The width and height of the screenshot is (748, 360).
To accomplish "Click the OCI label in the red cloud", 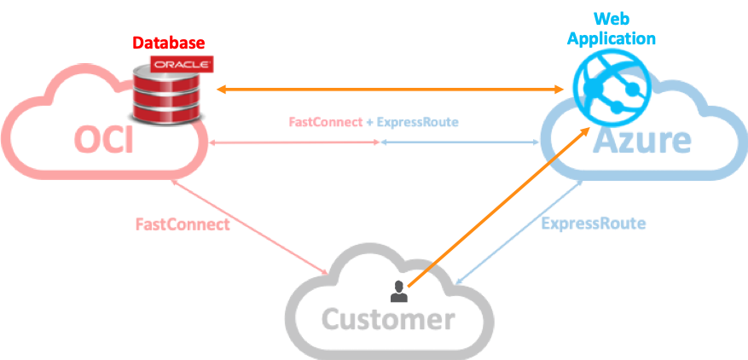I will pos(103,139).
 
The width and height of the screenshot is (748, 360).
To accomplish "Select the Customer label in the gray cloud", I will pos(387,320).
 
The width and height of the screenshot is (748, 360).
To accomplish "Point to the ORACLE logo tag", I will pos(181,64).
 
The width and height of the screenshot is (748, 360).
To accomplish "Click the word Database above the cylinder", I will pos(168,43).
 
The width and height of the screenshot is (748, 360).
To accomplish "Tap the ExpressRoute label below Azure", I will pos(593,224).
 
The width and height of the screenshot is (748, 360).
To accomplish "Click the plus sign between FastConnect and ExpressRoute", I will pos(370,122).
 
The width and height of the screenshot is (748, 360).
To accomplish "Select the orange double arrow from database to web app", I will pos(392,89).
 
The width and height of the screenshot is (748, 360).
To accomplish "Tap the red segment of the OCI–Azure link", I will pos(290,143).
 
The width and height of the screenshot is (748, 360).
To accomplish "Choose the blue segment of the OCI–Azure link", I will pos(461,142).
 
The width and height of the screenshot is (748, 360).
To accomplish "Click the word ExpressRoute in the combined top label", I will pos(418,122).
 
